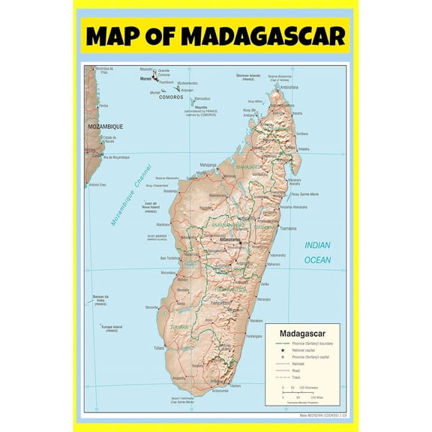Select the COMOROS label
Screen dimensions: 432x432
click(x=171, y=97)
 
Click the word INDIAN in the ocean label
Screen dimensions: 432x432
click(x=317, y=245)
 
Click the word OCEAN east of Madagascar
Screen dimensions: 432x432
click(x=317, y=259)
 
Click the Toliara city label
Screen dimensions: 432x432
click(x=158, y=348)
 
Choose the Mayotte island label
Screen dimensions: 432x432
click(x=201, y=107)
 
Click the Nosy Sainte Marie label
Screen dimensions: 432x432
click(x=299, y=194)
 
